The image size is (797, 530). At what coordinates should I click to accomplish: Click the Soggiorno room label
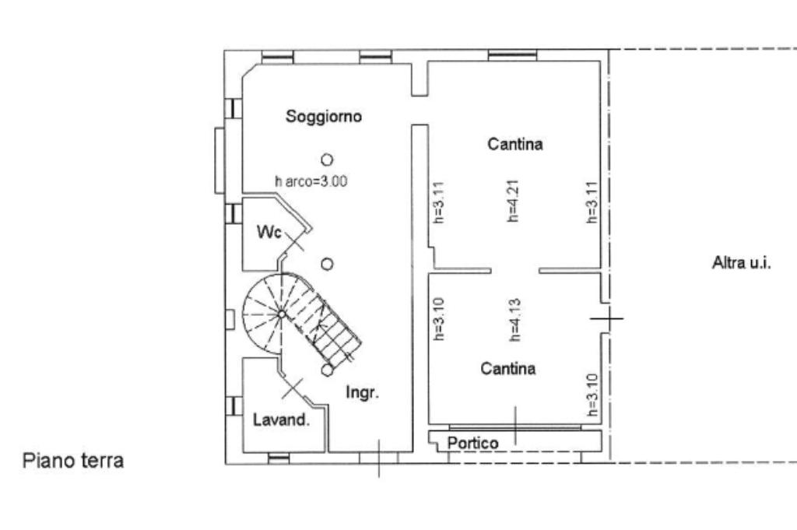click(x=324, y=117)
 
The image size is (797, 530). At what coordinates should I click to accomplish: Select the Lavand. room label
click(x=282, y=420)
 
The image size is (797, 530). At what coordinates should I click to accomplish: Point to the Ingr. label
click(x=362, y=393)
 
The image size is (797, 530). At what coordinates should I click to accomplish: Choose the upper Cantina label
click(x=514, y=144)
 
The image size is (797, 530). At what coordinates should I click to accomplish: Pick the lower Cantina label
click(x=507, y=369)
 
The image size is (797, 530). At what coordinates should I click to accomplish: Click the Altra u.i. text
click(x=741, y=263)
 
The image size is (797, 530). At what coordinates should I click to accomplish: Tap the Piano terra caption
click(x=73, y=461)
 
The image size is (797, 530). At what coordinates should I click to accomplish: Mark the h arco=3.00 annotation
click(x=311, y=181)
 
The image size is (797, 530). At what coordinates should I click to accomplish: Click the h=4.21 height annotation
click(x=513, y=202)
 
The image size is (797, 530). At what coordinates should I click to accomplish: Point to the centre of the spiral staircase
click(x=281, y=314)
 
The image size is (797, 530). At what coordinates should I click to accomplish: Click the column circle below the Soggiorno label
click(x=327, y=160)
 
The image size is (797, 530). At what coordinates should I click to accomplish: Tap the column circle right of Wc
click(x=328, y=263)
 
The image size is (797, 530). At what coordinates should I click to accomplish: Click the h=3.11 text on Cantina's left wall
click(x=438, y=202)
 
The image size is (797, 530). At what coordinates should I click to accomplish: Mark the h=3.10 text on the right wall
click(x=592, y=395)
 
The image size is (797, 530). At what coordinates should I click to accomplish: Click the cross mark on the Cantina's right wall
click(x=606, y=318)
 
